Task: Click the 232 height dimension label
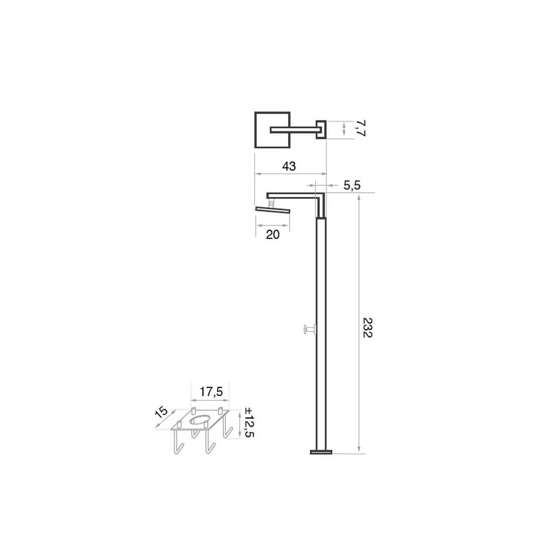coord(367,328)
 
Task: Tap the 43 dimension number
coord(289,166)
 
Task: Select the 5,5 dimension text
coord(352,185)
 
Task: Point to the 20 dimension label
coord(272,234)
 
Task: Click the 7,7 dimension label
coord(360,128)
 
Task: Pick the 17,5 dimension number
coord(211,391)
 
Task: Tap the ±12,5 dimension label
coord(249,422)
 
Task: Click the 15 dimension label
coord(161,412)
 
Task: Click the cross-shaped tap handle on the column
coord(309,329)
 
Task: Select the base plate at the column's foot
coord(321,452)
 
